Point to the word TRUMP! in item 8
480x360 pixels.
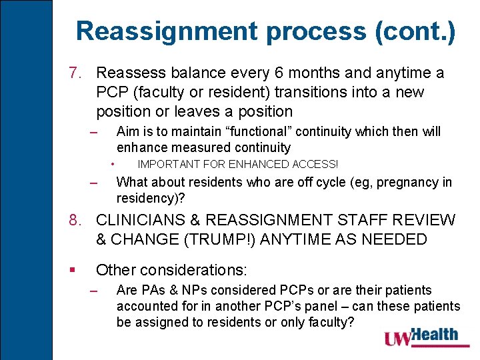pos(200,239)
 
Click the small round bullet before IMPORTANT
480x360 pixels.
pos(115,163)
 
